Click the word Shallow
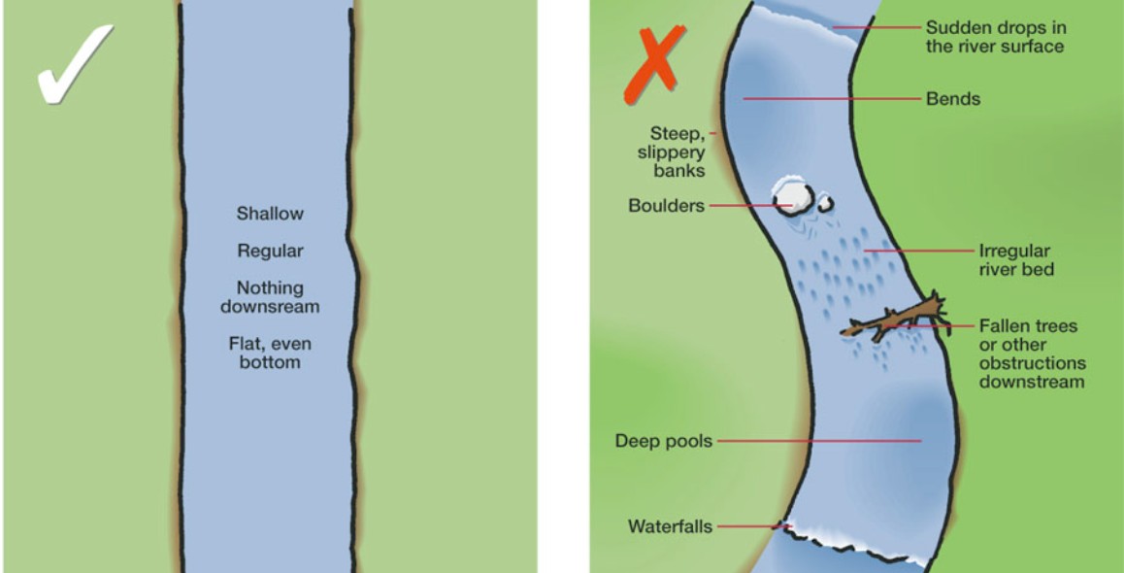pos(270,214)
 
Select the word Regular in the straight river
pos(270,252)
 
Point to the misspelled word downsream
pos(270,307)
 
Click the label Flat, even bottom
pos(270,354)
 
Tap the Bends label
pos(953,99)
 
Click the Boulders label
pos(666,206)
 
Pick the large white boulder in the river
pos(792,198)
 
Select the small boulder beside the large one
pos(825,204)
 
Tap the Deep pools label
pos(664,442)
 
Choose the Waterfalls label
pos(670,527)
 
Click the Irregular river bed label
pos(1015,260)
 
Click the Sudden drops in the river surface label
pos(995,37)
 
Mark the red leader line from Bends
pos(831,99)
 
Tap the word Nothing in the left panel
pos(270,288)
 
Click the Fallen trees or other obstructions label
pos(1031,354)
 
